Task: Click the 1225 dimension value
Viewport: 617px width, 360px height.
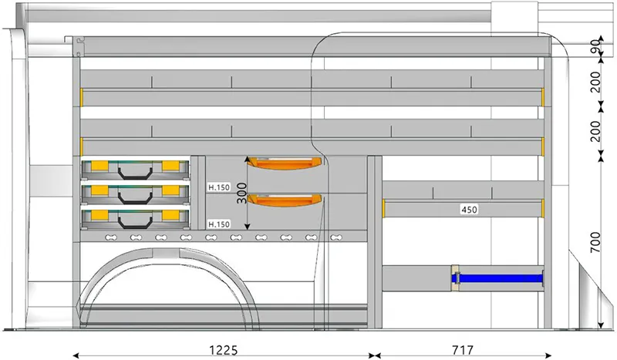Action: (223, 350)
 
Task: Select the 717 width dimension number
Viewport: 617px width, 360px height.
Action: (462, 350)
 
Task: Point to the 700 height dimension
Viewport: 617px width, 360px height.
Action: (595, 242)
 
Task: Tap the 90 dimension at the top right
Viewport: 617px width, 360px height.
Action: (596, 47)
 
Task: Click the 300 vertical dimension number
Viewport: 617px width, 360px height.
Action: (241, 193)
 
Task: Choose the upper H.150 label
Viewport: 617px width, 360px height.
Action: (219, 187)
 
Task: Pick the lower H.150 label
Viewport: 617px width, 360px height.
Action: (219, 224)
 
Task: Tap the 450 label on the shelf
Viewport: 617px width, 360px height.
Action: (469, 210)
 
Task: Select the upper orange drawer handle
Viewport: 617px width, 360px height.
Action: (284, 163)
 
